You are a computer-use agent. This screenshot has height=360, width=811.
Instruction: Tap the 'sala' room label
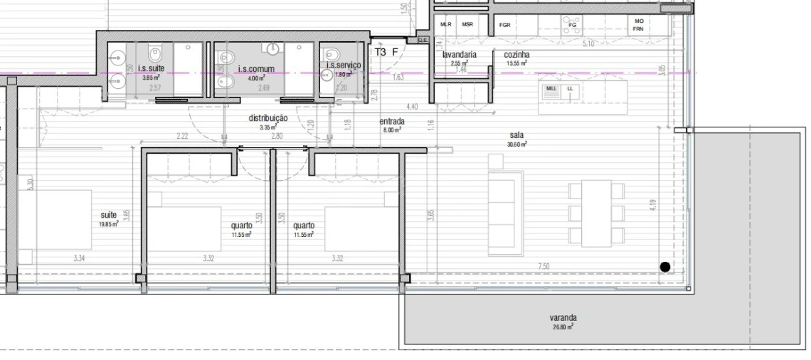coord(517,134)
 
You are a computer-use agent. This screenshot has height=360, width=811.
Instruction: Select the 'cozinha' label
coord(516,55)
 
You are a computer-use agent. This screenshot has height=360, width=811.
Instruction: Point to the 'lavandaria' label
coord(459,55)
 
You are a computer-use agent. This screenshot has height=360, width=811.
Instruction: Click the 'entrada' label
coord(391,121)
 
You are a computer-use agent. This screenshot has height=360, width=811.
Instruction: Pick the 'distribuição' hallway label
coord(267,118)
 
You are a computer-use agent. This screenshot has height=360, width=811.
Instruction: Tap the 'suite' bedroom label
coord(109,214)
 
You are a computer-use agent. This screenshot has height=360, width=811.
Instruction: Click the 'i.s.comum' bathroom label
coord(256,69)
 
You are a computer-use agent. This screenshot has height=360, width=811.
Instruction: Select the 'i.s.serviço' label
coord(344,65)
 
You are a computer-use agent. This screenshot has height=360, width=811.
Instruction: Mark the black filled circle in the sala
coord(664,267)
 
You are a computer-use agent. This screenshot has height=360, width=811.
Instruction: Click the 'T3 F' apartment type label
coord(386,52)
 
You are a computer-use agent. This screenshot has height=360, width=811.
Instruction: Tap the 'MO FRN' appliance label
coord(638,25)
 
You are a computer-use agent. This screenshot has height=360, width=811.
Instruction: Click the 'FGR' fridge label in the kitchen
coord(504,24)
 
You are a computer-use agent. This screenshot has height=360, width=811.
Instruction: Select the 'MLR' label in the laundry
coord(446,24)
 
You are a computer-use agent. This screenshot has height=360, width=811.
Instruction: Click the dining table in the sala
coord(596,213)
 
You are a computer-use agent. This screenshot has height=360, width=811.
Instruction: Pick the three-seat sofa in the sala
coord(504,213)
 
